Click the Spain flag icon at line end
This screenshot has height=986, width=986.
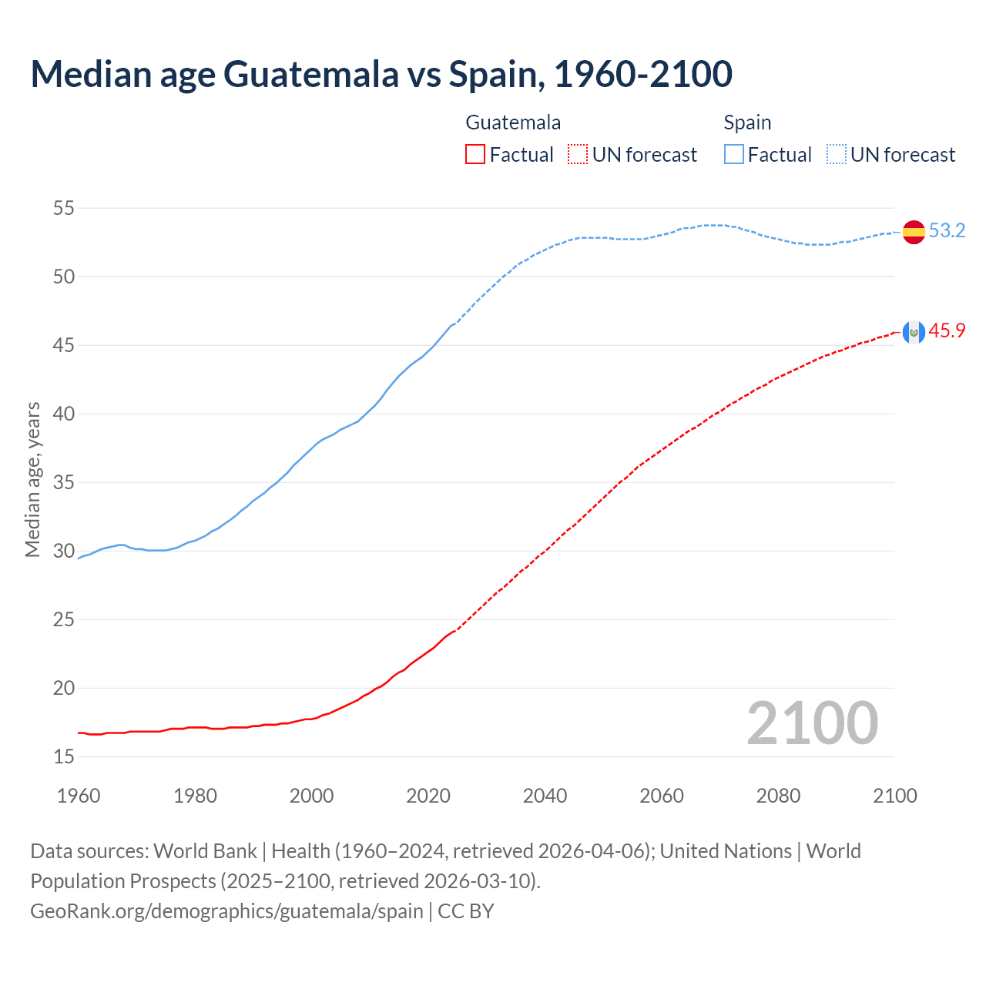pos(914,231)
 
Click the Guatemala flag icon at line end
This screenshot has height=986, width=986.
pos(914,332)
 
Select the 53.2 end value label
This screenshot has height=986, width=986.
pos(947,231)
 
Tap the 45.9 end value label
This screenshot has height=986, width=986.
pos(947,331)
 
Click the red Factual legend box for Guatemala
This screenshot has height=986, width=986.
pos(475,155)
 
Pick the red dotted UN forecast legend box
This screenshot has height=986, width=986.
pos(578,155)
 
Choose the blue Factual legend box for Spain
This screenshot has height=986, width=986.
pos(734,155)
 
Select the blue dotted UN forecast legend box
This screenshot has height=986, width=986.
pos(837,155)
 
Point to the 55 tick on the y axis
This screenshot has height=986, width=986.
pos(64,208)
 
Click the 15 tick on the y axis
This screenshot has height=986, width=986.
pos(64,757)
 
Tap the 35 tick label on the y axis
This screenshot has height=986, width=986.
pos(64,483)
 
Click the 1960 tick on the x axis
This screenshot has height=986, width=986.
pos(79,796)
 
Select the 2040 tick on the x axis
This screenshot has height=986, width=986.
pos(545,796)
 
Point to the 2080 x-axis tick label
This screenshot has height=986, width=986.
pos(778,796)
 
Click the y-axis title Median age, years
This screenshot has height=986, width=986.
pos(32,479)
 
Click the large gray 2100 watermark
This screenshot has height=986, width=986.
pos(812,723)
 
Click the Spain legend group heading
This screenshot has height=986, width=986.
pos(747,122)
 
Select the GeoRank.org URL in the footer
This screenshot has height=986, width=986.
pos(226,911)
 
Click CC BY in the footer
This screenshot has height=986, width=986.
pos(466,911)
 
